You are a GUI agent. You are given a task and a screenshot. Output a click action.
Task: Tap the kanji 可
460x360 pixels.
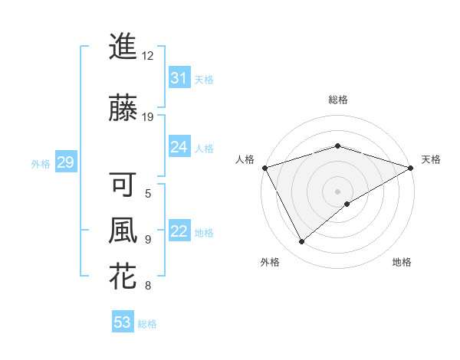click(123, 185)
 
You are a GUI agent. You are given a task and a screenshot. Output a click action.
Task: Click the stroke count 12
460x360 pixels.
click(147, 56)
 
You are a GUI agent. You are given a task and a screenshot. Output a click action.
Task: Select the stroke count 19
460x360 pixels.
click(147, 117)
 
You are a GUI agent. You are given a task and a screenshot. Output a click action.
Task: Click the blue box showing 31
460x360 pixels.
click(179, 77)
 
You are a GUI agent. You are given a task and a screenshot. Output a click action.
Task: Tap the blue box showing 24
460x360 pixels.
click(179, 147)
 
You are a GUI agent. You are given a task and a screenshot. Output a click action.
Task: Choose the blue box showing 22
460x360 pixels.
click(179, 231)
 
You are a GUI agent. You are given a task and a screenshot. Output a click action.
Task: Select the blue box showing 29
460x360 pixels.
click(65, 162)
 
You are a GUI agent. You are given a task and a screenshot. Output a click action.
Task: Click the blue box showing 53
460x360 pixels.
click(123, 322)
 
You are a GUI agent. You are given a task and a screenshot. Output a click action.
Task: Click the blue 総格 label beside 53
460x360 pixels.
click(147, 324)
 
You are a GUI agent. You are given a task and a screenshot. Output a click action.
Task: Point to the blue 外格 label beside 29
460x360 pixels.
click(41, 164)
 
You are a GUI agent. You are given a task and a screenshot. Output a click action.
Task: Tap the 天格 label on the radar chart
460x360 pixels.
click(431, 159)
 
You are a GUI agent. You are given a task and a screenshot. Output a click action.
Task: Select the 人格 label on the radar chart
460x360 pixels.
click(245, 159)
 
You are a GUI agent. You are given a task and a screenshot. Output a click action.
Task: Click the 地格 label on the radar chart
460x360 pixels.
click(402, 262)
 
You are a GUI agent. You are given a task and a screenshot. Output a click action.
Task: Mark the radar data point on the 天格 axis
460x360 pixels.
click(411, 167)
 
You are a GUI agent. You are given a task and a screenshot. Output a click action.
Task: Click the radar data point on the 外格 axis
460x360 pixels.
click(301, 242)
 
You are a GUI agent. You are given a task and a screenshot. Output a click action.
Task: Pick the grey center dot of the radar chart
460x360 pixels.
click(337, 191)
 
